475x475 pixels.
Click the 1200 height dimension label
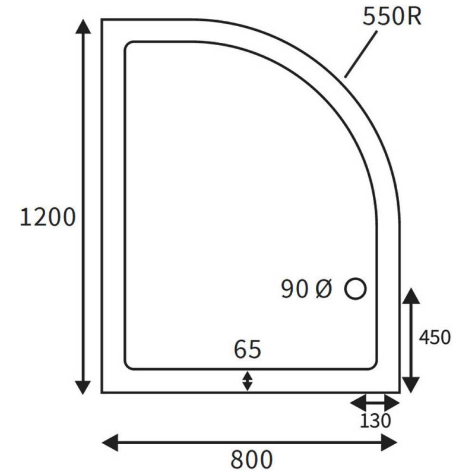point(48,217)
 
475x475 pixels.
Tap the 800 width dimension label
point(251,459)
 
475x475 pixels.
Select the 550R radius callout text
point(392,17)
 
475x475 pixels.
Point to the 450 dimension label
point(435,337)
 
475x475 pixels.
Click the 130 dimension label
point(375,421)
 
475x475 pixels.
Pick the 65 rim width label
point(248,350)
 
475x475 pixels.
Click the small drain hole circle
point(355,289)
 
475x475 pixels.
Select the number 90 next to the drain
point(295,289)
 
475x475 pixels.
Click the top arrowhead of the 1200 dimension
point(84,27)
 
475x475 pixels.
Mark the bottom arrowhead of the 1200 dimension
point(84,387)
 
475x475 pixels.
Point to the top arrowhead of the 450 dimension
point(411,296)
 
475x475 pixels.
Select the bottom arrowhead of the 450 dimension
point(411,384)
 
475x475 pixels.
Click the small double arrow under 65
point(248,381)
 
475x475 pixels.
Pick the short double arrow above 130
point(375,404)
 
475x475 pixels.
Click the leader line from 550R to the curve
point(362,53)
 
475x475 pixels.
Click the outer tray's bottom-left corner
point(102,392)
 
